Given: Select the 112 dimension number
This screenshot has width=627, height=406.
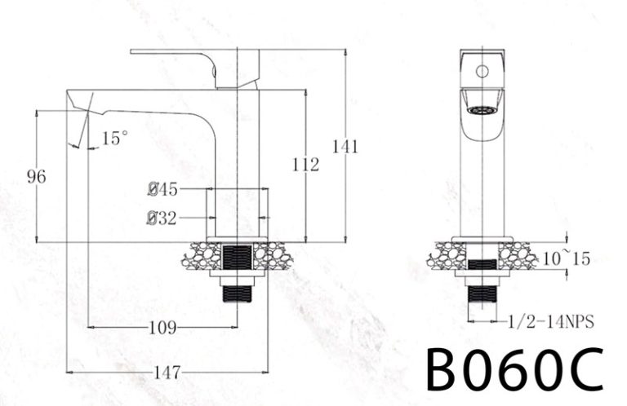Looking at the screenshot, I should click(305, 165).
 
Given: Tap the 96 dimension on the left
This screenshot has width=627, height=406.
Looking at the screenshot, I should click(37, 175).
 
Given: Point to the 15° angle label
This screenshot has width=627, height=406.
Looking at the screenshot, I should click(114, 139).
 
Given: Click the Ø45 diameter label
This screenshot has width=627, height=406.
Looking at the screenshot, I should click(163, 190).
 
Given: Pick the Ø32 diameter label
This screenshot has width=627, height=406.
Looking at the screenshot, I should click(162, 218).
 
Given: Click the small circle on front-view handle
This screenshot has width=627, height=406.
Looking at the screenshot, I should click(482, 71).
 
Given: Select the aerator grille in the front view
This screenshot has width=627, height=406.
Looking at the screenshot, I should click(481, 108).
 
